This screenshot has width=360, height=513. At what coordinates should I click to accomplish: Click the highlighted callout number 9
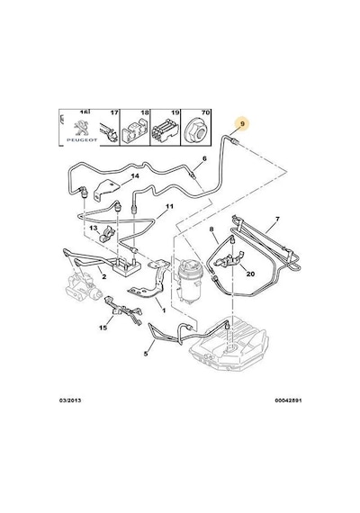pos(242,124)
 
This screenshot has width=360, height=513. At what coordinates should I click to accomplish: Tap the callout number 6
pos(204,159)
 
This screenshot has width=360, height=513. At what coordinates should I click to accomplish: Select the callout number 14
pos(135,176)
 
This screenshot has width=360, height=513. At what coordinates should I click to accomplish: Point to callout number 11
pos(169,206)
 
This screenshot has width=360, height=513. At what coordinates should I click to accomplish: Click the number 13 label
pos(94,228)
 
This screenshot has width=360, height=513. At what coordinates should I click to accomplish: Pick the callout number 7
pos(277,219)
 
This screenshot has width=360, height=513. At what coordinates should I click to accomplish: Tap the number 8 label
pos(211,229)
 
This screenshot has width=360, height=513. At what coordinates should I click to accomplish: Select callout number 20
pos(250,274)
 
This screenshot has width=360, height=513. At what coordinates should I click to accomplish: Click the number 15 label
pos(103,328)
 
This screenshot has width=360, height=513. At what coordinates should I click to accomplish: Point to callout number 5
pos(146,354)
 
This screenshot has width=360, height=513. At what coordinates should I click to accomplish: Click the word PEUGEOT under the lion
pos(82,139)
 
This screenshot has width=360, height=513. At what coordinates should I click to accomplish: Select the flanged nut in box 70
pos(197,132)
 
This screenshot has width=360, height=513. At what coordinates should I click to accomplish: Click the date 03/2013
pos(70,400)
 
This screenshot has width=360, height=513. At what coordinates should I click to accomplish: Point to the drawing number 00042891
pos(288,400)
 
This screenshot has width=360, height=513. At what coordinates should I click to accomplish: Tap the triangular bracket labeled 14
pos(105,192)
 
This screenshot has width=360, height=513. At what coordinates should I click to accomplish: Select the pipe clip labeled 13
pos(105,235)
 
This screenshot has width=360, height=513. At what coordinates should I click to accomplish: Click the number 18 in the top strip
pos(145,112)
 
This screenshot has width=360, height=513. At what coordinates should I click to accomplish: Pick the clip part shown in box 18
pos(134,133)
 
